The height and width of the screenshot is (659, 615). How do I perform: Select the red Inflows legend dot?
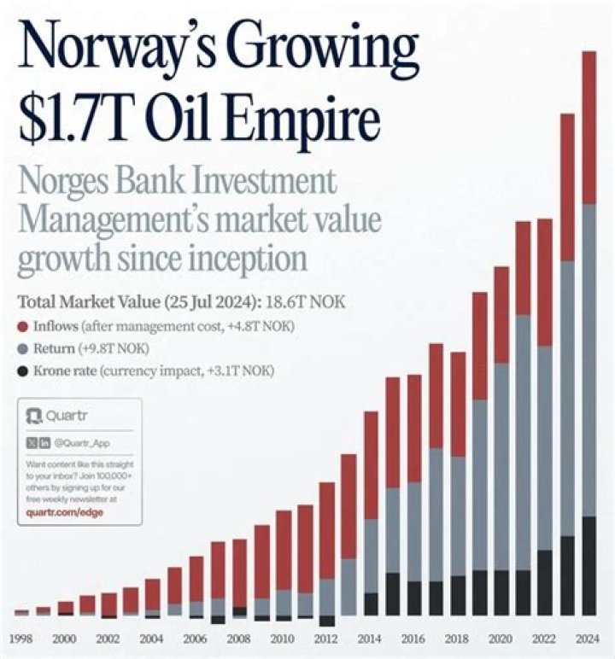(23, 327)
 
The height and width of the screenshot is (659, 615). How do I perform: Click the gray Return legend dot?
(23, 349)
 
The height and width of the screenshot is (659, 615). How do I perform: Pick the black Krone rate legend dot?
(23, 371)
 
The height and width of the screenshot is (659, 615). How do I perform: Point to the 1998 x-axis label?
(22, 639)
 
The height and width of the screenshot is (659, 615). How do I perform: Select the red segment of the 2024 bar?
(589, 128)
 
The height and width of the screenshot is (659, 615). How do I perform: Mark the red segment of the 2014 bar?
(371, 464)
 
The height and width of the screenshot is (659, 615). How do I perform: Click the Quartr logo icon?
(34, 417)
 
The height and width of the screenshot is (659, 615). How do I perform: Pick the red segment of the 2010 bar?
(284, 551)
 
